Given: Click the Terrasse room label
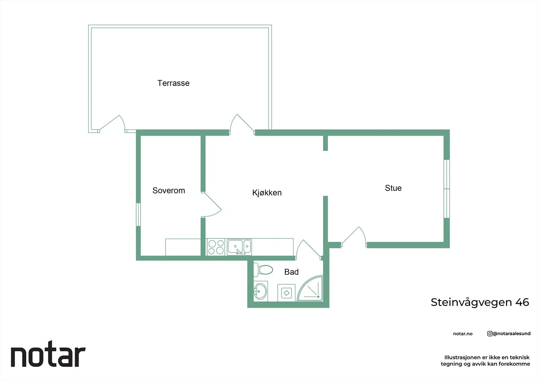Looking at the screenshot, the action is (x=174, y=83).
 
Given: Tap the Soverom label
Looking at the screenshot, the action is (x=168, y=190).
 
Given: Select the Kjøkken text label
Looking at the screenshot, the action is (x=267, y=193).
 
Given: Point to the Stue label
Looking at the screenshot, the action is (x=393, y=188).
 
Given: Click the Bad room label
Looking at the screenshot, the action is (x=291, y=272).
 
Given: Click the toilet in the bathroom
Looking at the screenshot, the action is (x=263, y=270).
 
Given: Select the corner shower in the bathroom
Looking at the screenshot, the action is (x=310, y=288).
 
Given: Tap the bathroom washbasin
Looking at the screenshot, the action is (x=261, y=291).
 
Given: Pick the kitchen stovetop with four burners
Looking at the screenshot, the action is (x=216, y=247).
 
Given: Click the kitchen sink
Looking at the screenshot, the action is (x=239, y=247).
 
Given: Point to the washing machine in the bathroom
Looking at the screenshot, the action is (x=286, y=293).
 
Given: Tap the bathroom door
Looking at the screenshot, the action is (x=309, y=250).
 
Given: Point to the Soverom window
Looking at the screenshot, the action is (x=138, y=215).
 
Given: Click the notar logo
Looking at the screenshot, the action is (x=48, y=354).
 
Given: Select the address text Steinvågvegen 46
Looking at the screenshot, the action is (x=480, y=303).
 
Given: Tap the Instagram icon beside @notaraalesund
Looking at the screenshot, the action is (x=490, y=334).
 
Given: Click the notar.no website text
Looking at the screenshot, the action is (x=463, y=334).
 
